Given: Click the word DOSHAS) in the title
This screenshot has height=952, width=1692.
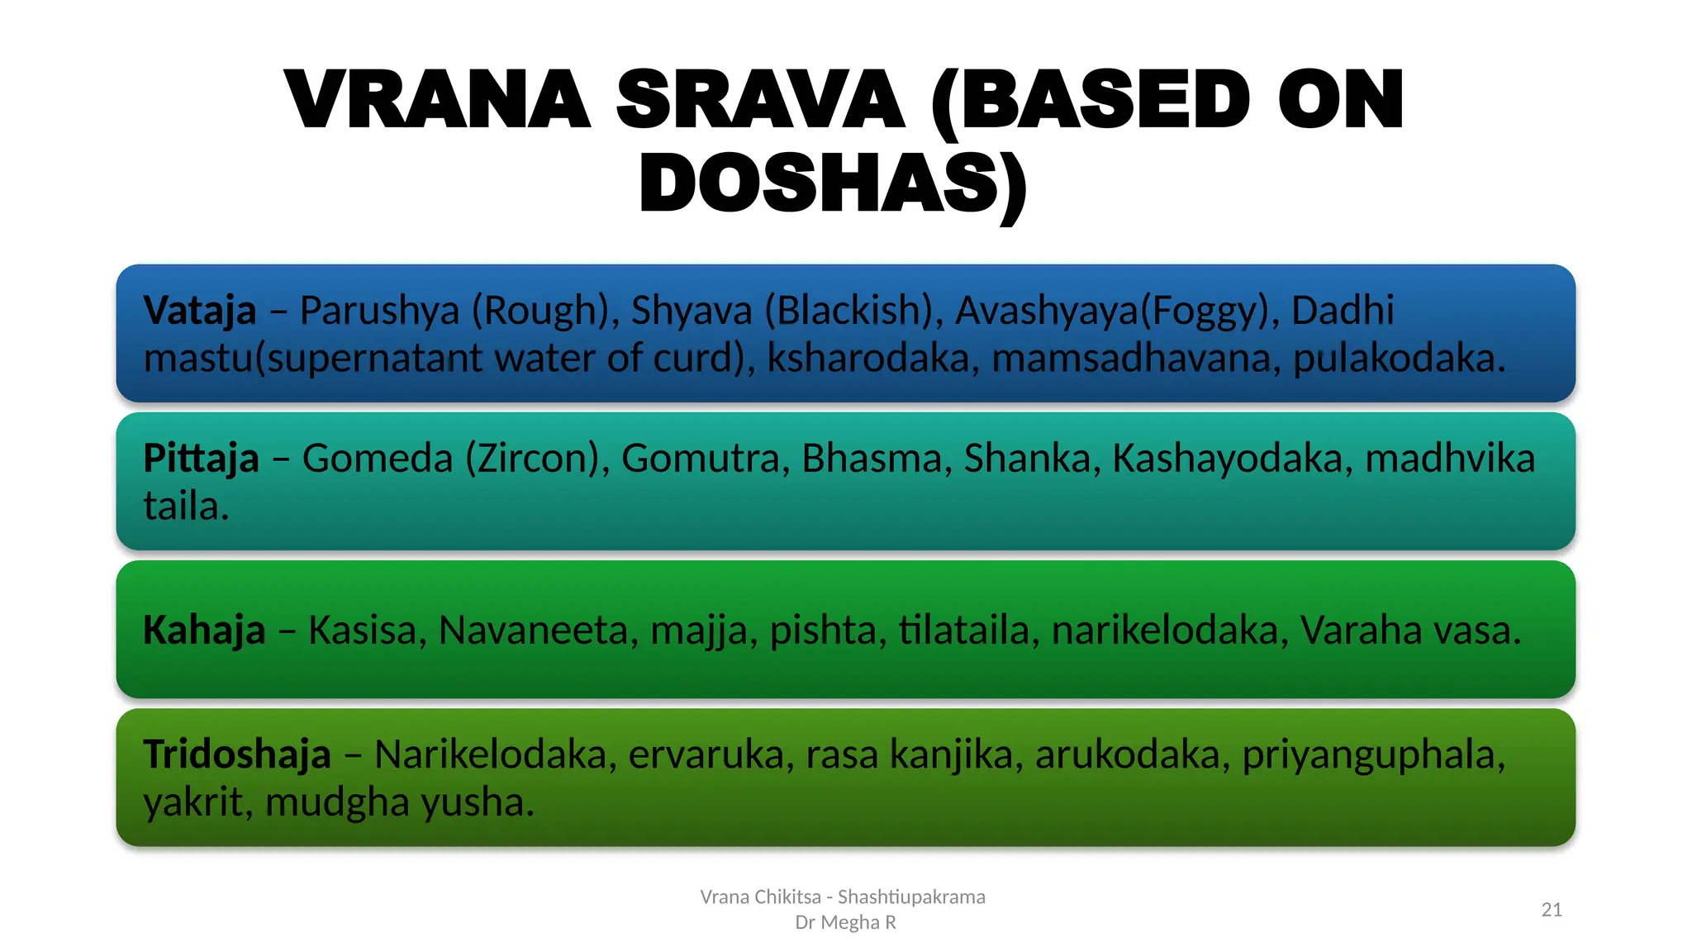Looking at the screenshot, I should click(x=833, y=183).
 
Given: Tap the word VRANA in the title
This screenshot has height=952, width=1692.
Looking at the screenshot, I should click(x=436, y=101).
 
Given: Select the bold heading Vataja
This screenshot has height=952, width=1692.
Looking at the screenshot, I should click(x=199, y=311).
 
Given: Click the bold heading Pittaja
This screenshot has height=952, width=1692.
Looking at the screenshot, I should click(x=201, y=458).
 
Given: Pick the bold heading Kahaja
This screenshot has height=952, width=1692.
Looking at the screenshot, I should click(x=204, y=630).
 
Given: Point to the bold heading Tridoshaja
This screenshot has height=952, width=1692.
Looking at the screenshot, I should click(x=237, y=754).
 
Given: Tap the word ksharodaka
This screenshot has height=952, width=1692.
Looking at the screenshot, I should click(x=867, y=359).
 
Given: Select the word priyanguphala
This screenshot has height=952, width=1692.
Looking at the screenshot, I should click(x=1374, y=754).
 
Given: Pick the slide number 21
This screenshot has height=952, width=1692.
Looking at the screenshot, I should click(x=1552, y=910).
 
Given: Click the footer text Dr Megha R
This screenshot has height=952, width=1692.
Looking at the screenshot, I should click(x=845, y=922).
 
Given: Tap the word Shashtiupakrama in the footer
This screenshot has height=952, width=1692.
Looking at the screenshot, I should click(x=911, y=897).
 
